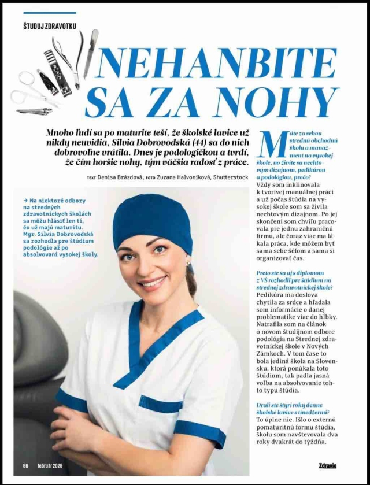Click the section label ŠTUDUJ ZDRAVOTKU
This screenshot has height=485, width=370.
click(x=49, y=26)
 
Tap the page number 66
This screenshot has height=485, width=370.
click(x=25, y=465)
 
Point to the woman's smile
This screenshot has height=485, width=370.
click(x=153, y=283)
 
